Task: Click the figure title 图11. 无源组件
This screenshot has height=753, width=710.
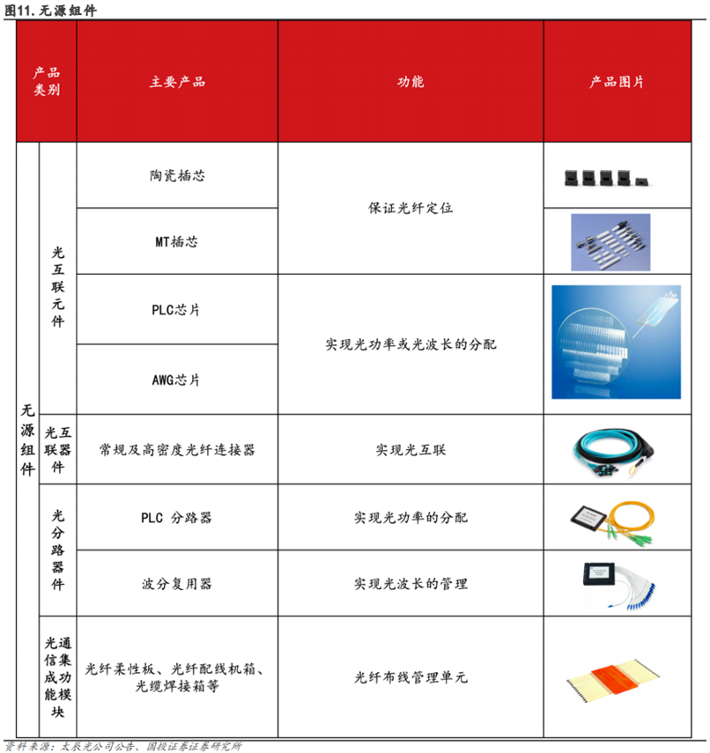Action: click(50, 10)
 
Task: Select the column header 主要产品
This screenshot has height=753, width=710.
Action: click(177, 82)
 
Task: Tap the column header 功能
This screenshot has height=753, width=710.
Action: click(410, 82)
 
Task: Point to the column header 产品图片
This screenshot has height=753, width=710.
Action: click(617, 82)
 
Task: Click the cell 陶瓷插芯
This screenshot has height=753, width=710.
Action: click(177, 175)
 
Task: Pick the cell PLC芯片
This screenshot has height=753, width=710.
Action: click(177, 310)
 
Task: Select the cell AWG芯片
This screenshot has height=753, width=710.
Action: click(177, 380)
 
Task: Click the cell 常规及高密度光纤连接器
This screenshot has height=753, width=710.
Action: click(177, 449)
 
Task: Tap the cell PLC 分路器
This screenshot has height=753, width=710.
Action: click(177, 518)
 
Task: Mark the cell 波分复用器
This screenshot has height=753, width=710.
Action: click(177, 584)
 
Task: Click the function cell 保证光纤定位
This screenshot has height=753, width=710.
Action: click(410, 209)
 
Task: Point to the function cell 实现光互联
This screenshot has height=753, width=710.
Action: click(410, 449)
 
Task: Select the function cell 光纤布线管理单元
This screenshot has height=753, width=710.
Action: click(410, 677)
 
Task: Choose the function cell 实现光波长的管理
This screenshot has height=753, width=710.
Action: click(410, 584)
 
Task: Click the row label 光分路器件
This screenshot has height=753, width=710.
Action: click(59, 550)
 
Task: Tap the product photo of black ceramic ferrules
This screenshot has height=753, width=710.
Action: click(607, 177)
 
